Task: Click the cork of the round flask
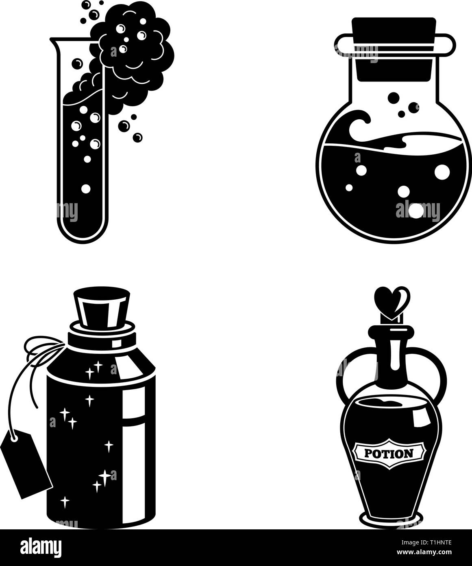click(x=393, y=49)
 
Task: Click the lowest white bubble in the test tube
click(x=86, y=189)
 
